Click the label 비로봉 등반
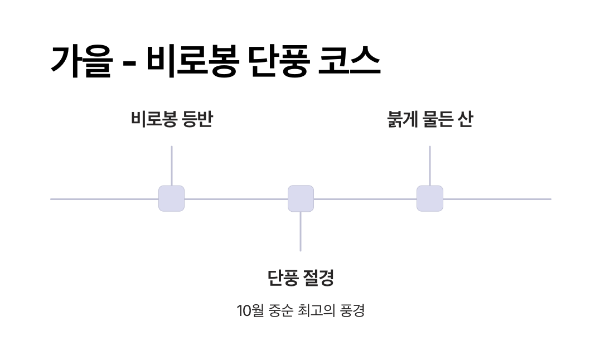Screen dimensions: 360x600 click(171, 119)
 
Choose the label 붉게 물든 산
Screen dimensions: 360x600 click(429, 119)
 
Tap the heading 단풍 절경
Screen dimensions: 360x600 click(301, 277)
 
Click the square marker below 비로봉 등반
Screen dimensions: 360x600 click(171, 198)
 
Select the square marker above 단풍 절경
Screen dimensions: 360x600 click(301, 198)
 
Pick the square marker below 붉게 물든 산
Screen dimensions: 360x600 click(430, 198)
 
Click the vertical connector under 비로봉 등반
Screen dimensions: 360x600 click(171, 166)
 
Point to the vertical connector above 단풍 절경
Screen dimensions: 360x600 click(301, 231)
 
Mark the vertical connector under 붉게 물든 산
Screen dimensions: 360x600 click(430, 166)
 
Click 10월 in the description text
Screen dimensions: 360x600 click(249, 310)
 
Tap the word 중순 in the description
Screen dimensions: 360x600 click(280, 310)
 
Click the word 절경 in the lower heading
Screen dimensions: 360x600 click(318, 277)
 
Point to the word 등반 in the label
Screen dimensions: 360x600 click(198, 119)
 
